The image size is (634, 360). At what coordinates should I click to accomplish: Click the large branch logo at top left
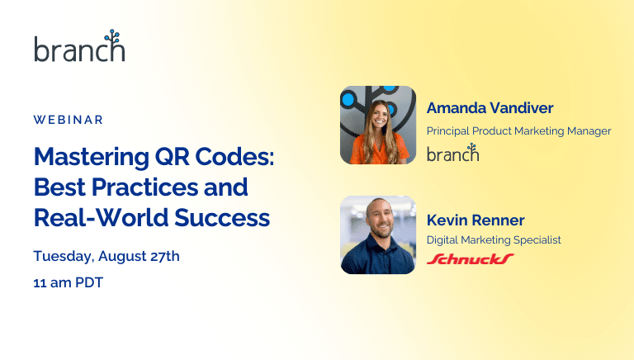pyautogui.click(x=79, y=48)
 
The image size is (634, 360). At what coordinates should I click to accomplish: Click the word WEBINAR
pyautogui.click(x=69, y=120)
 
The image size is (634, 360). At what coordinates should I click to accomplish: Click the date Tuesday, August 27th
pyautogui.click(x=106, y=256)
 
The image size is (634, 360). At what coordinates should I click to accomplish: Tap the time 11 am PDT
pyautogui.click(x=69, y=282)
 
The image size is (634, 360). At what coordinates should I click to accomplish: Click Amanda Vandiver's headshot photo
pyautogui.click(x=378, y=125)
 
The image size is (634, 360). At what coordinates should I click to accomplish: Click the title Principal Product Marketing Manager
pyautogui.click(x=518, y=130)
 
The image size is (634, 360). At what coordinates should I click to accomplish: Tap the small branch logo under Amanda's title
pyautogui.click(x=452, y=153)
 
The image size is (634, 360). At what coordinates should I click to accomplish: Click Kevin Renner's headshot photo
pyautogui.click(x=378, y=234)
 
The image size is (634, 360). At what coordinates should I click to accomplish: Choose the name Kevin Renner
pyautogui.click(x=475, y=220)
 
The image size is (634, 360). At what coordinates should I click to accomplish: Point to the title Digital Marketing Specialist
pyautogui.click(x=494, y=240)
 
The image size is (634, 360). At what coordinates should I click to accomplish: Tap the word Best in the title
pyautogui.click(x=59, y=187)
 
